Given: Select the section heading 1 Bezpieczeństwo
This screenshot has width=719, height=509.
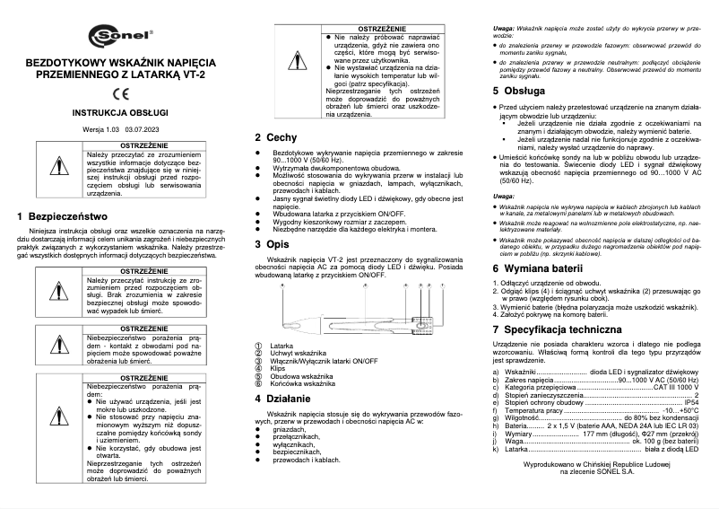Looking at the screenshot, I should tap(62, 216).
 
